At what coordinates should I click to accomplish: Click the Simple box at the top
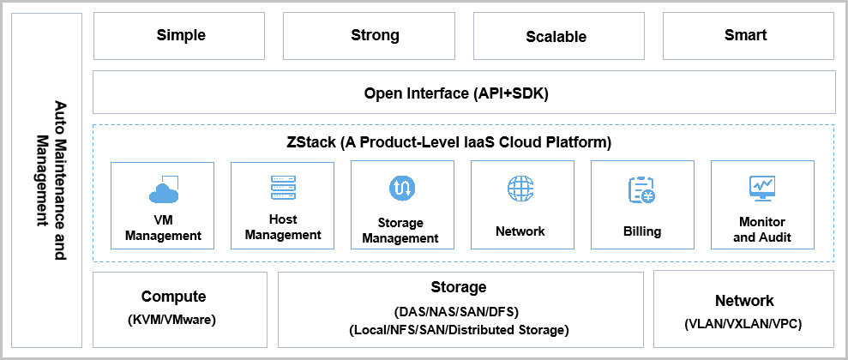click(181, 36)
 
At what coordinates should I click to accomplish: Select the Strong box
click(375, 36)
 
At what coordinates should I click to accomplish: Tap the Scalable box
click(556, 37)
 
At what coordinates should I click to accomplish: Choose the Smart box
click(745, 36)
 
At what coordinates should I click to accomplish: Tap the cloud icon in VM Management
click(163, 189)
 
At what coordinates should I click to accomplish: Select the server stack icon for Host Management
click(282, 188)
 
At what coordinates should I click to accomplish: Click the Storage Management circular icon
click(402, 187)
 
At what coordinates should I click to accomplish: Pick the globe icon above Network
click(520, 188)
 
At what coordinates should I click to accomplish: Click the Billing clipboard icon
click(641, 189)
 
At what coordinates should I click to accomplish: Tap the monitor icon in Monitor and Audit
click(761, 187)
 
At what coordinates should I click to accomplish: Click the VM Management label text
click(163, 229)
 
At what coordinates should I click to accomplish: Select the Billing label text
click(642, 231)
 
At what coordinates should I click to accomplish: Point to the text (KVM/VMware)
click(174, 320)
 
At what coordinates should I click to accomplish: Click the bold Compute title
click(174, 297)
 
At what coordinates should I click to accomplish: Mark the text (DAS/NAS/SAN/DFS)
click(458, 310)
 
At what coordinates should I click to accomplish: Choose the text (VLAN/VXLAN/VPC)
click(744, 325)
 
